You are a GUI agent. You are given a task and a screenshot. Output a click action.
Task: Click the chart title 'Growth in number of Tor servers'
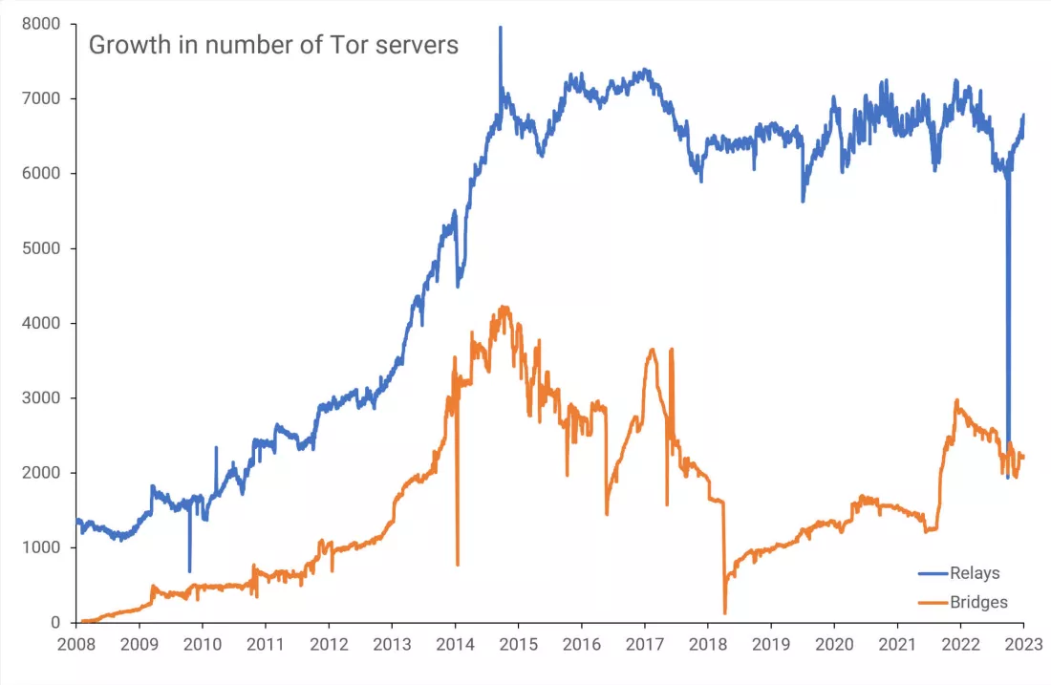click(273, 45)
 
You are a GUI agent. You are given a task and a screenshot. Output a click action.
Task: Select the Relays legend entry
click(974, 573)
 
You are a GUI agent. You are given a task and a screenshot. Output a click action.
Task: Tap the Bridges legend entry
click(978, 602)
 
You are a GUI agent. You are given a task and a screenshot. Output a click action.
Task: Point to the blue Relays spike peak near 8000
click(500, 28)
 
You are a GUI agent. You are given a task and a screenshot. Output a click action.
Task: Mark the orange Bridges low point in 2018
click(725, 611)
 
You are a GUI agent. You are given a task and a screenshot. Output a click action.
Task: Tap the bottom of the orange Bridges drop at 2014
click(458, 565)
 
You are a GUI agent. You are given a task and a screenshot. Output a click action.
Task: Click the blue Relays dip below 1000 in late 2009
click(189, 571)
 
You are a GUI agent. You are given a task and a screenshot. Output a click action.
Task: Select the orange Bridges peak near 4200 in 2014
click(503, 308)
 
